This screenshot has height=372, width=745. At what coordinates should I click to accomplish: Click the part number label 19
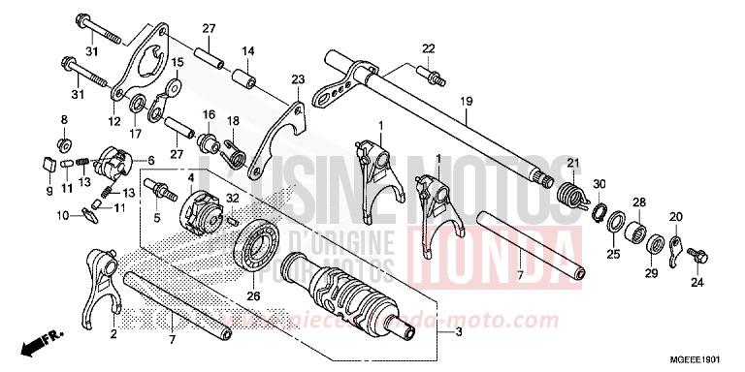click(x=466, y=101)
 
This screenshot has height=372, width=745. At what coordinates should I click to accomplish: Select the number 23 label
click(x=298, y=78)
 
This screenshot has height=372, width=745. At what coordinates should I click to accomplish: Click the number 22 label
click(x=428, y=48)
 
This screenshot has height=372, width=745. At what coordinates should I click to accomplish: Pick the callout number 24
click(x=695, y=284)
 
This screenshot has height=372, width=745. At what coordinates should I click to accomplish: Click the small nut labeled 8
click(x=64, y=145)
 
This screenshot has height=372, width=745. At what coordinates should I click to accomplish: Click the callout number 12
click(x=114, y=122)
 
